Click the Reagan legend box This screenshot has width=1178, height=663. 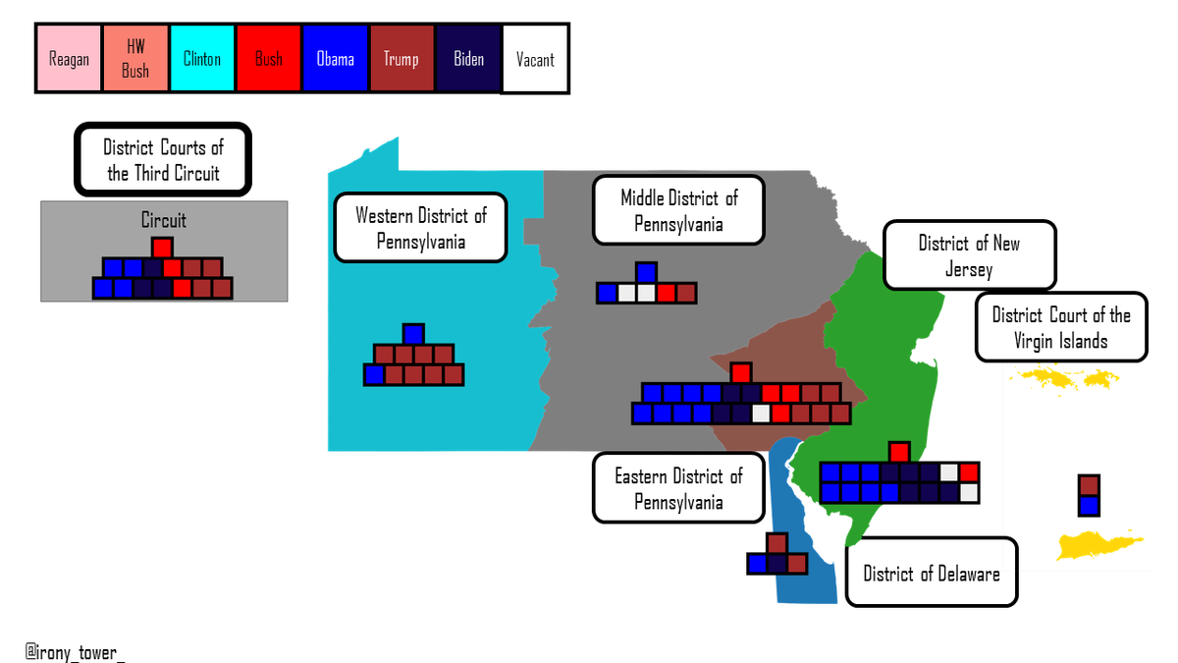(69, 58)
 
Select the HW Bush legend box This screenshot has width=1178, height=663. (135, 58)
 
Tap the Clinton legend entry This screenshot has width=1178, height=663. (202, 58)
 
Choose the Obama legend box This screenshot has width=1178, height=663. (335, 58)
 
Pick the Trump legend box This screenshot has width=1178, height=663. (402, 58)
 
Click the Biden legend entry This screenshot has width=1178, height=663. (468, 58)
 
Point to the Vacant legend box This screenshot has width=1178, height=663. (535, 58)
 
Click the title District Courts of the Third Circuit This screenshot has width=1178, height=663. (163, 159)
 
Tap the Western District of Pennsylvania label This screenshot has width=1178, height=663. (421, 227)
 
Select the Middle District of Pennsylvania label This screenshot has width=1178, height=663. (678, 210)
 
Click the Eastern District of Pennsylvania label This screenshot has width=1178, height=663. (678, 488)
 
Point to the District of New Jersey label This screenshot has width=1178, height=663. (969, 255)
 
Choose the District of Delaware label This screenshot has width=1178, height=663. (932, 573)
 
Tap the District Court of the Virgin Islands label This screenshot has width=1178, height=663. (1061, 327)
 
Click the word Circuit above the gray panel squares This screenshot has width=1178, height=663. (164, 220)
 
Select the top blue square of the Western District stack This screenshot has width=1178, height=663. (413, 334)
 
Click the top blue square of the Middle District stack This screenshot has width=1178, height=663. (646, 273)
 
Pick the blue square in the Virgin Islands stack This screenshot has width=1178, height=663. (1089, 506)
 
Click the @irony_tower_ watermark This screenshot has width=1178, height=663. (75, 652)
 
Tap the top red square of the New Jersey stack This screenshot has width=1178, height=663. (899, 452)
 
